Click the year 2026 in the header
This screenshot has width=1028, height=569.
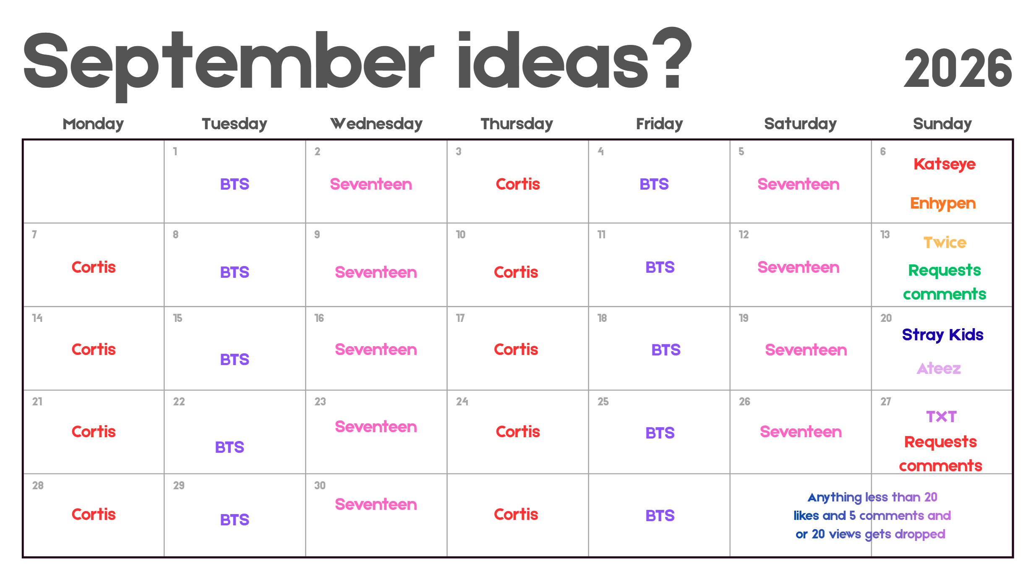(x=958, y=68)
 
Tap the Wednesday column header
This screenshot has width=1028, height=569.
(x=376, y=124)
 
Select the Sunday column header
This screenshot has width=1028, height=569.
(x=942, y=124)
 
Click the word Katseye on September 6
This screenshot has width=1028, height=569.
(x=945, y=164)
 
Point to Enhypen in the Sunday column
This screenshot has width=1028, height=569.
(x=943, y=204)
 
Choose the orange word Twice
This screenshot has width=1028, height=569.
(x=945, y=243)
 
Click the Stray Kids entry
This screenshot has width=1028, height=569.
(x=942, y=335)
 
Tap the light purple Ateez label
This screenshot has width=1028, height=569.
(x=939, y=368)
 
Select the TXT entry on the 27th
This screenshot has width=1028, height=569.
(x=941, y=417)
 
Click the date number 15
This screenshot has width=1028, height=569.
(x=177, y=318)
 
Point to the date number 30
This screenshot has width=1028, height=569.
(x=320, y=485)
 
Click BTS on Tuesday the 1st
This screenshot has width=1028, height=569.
(x=235, y=184)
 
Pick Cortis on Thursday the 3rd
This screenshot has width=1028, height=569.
(x=518, y=184)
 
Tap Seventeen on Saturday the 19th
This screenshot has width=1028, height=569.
(x=806, y=350)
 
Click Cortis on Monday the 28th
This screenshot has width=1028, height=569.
(x=94, y=514)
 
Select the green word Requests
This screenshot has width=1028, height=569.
(x=945, y=271)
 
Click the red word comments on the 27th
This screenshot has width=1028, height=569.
(x=940, y=466)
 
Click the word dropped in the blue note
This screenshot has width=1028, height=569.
(x=920, y=534)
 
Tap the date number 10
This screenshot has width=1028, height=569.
(x=461, y=235)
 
